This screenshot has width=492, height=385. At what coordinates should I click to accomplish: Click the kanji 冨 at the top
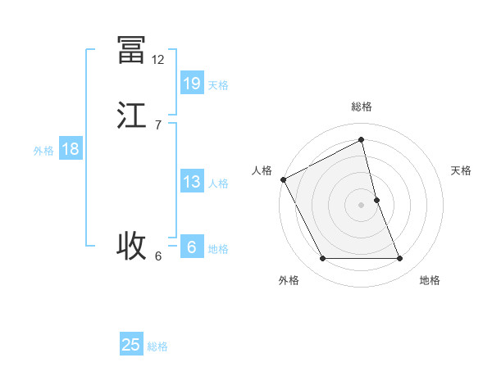tap(131, 50)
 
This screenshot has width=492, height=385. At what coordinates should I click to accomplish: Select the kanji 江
tap(131, 115)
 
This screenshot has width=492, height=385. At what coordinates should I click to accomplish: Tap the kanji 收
tap(131, 245)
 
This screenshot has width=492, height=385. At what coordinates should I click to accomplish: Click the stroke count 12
tap(158, 60)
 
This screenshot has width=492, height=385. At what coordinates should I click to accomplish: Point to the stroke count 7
tap(158, 125)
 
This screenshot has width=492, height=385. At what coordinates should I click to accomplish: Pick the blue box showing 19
tap(192, 83)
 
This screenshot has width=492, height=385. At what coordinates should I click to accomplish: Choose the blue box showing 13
tap(192, 182)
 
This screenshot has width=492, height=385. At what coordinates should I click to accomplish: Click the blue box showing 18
tap(71, 149)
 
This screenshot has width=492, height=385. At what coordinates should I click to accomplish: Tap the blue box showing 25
tap(131, 345)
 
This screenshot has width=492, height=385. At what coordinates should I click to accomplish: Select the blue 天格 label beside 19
tap(218, 85)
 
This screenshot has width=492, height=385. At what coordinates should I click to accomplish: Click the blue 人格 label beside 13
tap(218, 183)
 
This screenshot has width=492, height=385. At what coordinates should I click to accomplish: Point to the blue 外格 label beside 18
tap(43, 151)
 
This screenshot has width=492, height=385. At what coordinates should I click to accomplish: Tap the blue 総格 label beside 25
tap(157, 347)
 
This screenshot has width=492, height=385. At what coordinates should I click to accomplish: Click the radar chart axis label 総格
tap(362, 106)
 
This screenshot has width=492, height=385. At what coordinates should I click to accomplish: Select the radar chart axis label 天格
tap(462, 170)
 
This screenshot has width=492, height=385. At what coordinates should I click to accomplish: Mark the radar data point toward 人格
tap(283, 179)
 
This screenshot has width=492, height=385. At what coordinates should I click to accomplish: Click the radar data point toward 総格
tap(362, 140)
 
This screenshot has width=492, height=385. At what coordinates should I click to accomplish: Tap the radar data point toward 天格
tap(376, 200)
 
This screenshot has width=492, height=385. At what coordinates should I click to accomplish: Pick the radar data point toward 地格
tap(400, 259)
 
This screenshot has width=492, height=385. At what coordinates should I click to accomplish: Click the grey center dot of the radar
tap(362, 205)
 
